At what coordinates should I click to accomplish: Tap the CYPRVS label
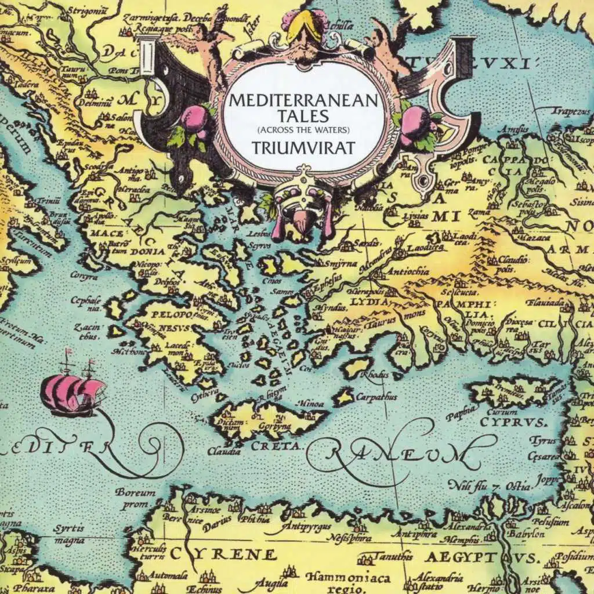click(513, 421)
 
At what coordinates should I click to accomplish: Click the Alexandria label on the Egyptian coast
click(469, 527)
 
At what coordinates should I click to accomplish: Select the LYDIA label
click(368, 302)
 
